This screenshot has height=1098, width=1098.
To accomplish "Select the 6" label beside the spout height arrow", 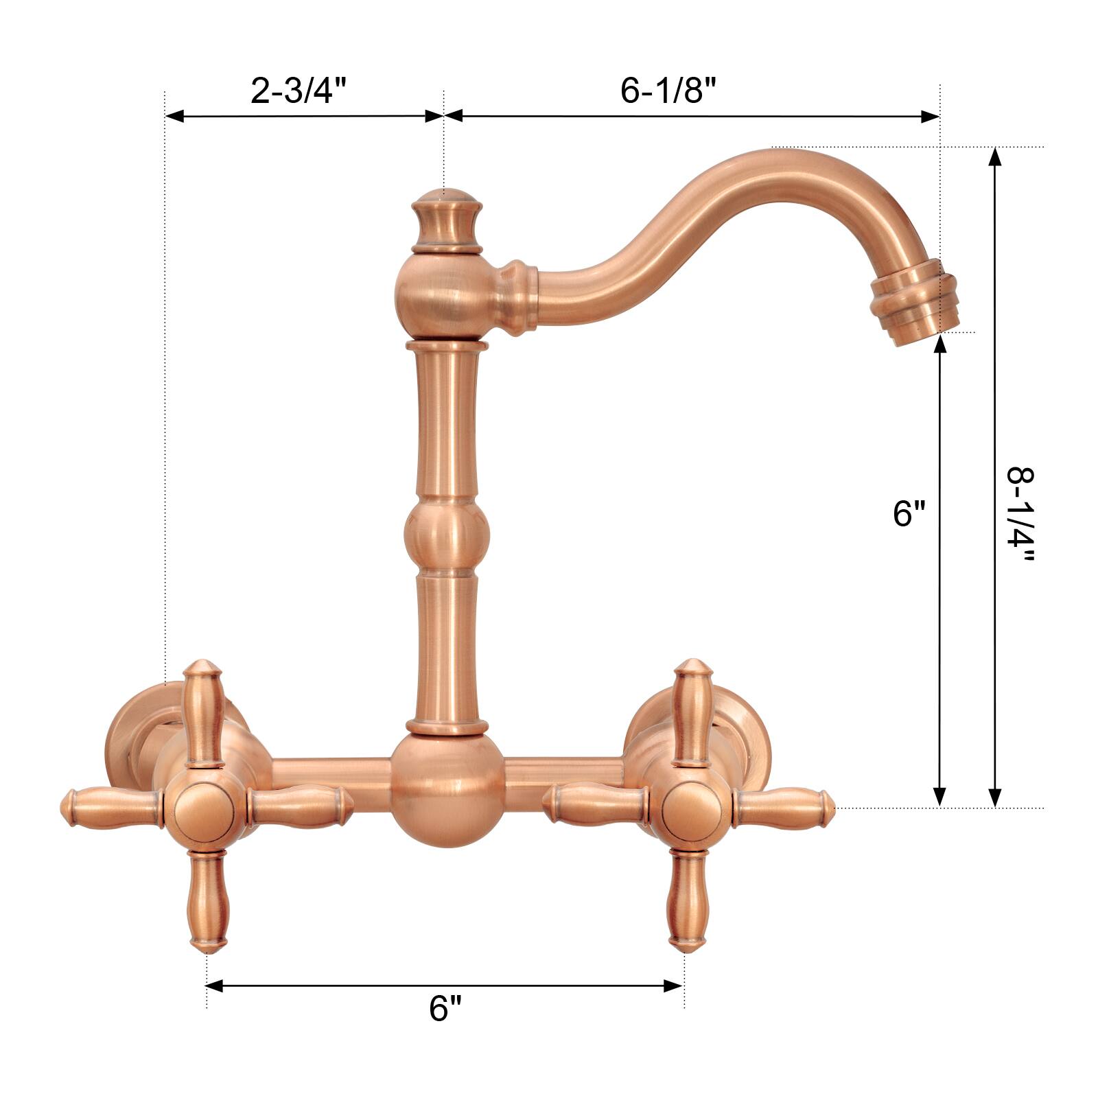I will [909, 513].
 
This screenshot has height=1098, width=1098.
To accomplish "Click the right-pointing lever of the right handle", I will [782, 804].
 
